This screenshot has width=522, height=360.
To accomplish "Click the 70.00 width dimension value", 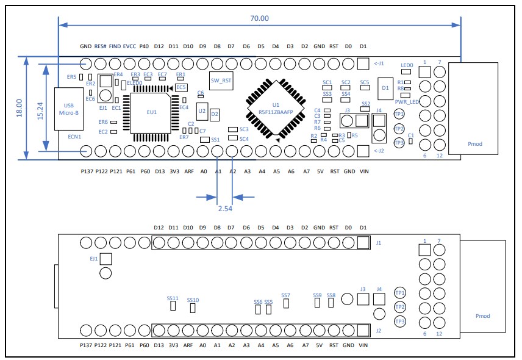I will [x=259, y=18].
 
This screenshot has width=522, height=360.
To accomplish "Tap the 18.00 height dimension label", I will [x=19, y=108].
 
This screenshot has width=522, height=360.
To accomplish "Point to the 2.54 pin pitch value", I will [x=225, y=208].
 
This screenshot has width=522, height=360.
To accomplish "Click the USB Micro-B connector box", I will [x=68, y=109].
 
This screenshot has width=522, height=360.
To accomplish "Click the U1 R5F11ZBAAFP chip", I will [x=276, y=109].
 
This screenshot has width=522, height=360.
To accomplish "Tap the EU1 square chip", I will [x=151, y=112].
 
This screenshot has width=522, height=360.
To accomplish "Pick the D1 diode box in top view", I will [x=385, y=88].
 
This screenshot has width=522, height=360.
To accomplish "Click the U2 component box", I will [x=202, y=111].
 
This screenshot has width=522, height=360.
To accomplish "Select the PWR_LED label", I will [x=407, y=102].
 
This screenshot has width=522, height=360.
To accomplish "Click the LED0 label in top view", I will [x=407, y=65].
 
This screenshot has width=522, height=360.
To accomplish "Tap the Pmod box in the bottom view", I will [x=482, y=316].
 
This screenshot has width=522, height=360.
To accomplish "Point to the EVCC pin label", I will [x=130, y=46].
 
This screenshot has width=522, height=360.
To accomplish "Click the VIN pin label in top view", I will [x=363, y=171].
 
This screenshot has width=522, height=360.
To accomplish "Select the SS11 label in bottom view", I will [x=173, y=298].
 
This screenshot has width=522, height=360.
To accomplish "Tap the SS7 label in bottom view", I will [x=285, y=295].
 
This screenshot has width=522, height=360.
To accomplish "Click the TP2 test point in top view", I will [x=399, y=128].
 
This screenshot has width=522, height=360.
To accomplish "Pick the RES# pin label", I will [x=101, y=46].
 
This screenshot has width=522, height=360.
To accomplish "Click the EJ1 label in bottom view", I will [x=94, y=259].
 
